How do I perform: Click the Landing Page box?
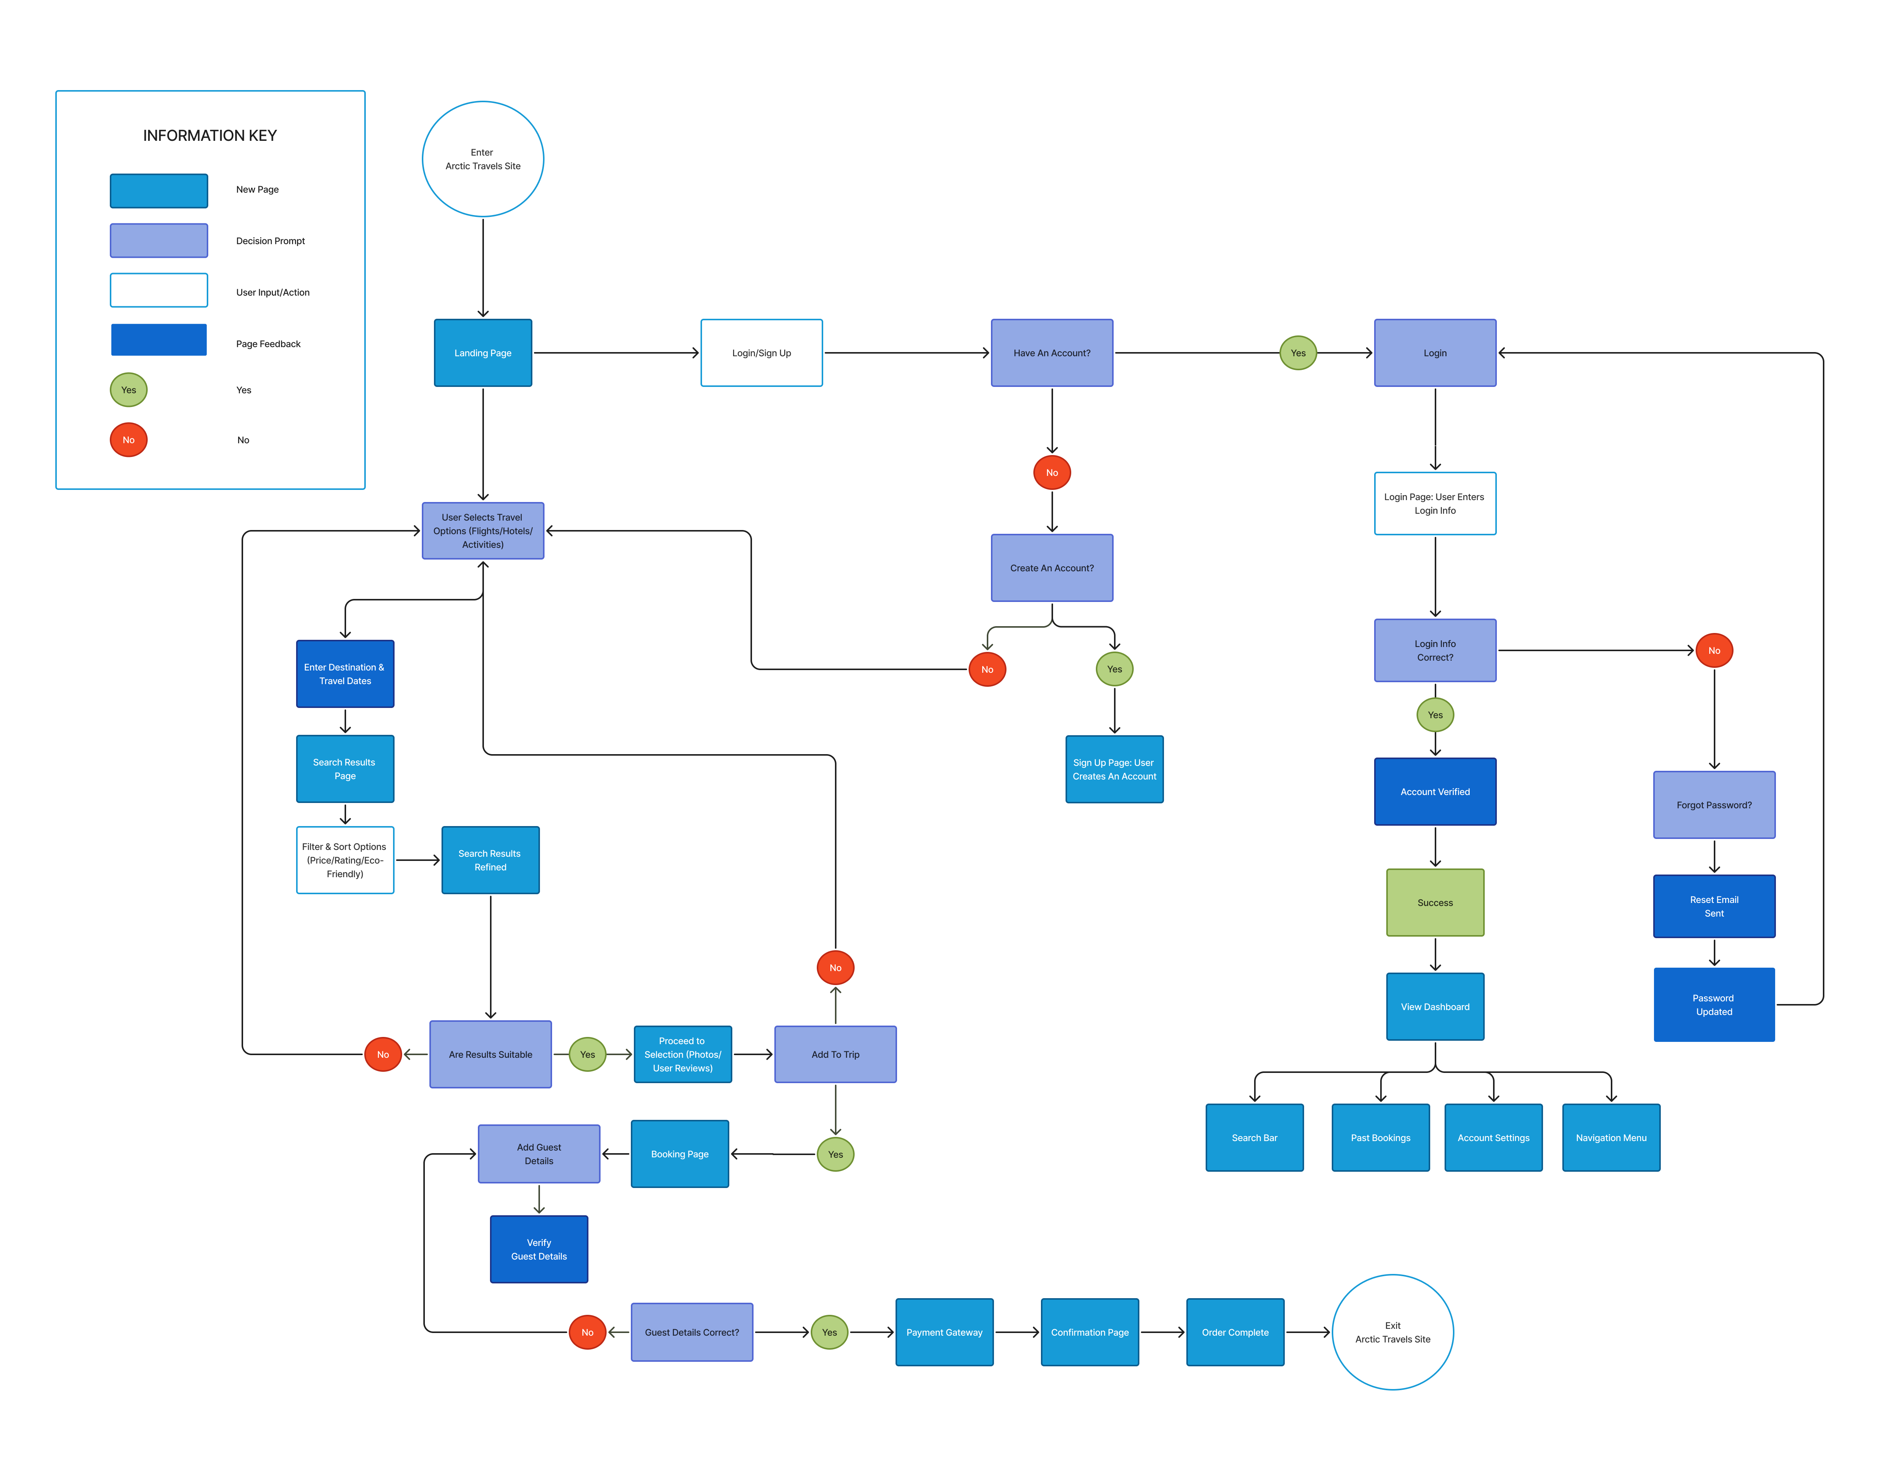(482, 353)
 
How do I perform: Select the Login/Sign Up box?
(761, 353)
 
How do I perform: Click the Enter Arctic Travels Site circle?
(482, 159)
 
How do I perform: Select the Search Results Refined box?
(490, 860)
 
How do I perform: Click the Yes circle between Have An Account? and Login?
(1298, 353)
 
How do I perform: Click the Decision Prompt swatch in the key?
(159, 240)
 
